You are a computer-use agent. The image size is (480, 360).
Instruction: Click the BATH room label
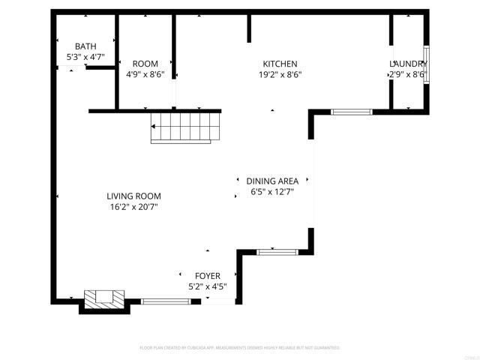click(x=85, y=46)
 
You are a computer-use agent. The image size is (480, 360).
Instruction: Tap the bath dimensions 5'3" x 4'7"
click(x=85, y=57)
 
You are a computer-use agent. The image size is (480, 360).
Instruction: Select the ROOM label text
click(x=145, y=64)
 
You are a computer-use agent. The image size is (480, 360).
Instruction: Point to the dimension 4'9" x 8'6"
click(x=145, y=74)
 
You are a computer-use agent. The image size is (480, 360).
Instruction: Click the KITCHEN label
click(x=280, y=64)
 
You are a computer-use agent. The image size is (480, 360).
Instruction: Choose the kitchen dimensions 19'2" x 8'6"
click(x=280, y=74)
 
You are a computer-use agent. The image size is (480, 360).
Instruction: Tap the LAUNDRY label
click(x=408, y=64)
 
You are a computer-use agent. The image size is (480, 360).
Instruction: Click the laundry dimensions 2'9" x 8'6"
click(x=407, y=74)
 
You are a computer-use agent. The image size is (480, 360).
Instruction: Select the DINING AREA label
click(x=272, y=181)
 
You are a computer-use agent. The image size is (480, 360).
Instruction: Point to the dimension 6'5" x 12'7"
click(x=272, y=191)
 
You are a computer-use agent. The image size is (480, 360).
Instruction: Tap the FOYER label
click(x=208, y=276)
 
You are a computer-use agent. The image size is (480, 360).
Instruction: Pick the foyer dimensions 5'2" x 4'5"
click(x=208, y=286)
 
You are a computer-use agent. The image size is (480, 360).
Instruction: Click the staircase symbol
click(x=186, y=127)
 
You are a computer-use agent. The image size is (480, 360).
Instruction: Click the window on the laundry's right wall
click(x=426, y=63)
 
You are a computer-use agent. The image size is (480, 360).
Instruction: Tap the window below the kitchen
click(x=351, y=112)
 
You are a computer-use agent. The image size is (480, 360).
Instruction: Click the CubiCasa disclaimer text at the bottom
click(x=240, y=348)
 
